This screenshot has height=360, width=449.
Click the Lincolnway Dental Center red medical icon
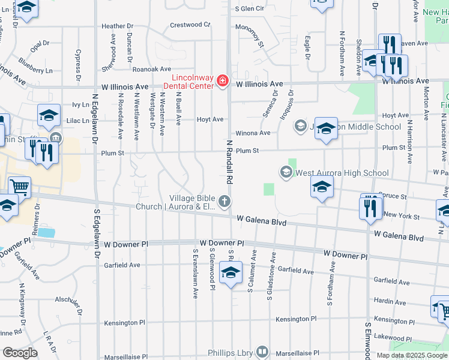point(222,80)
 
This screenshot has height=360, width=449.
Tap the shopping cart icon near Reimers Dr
point(20,187)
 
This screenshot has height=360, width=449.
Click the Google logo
point(20,352)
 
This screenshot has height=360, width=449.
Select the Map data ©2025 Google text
point(411,355)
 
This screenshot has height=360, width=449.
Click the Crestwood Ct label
point(190,25)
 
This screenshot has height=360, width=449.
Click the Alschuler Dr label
point(67,298)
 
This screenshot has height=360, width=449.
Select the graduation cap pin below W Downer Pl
point(231,274)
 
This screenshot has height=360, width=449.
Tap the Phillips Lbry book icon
point(262,351)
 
